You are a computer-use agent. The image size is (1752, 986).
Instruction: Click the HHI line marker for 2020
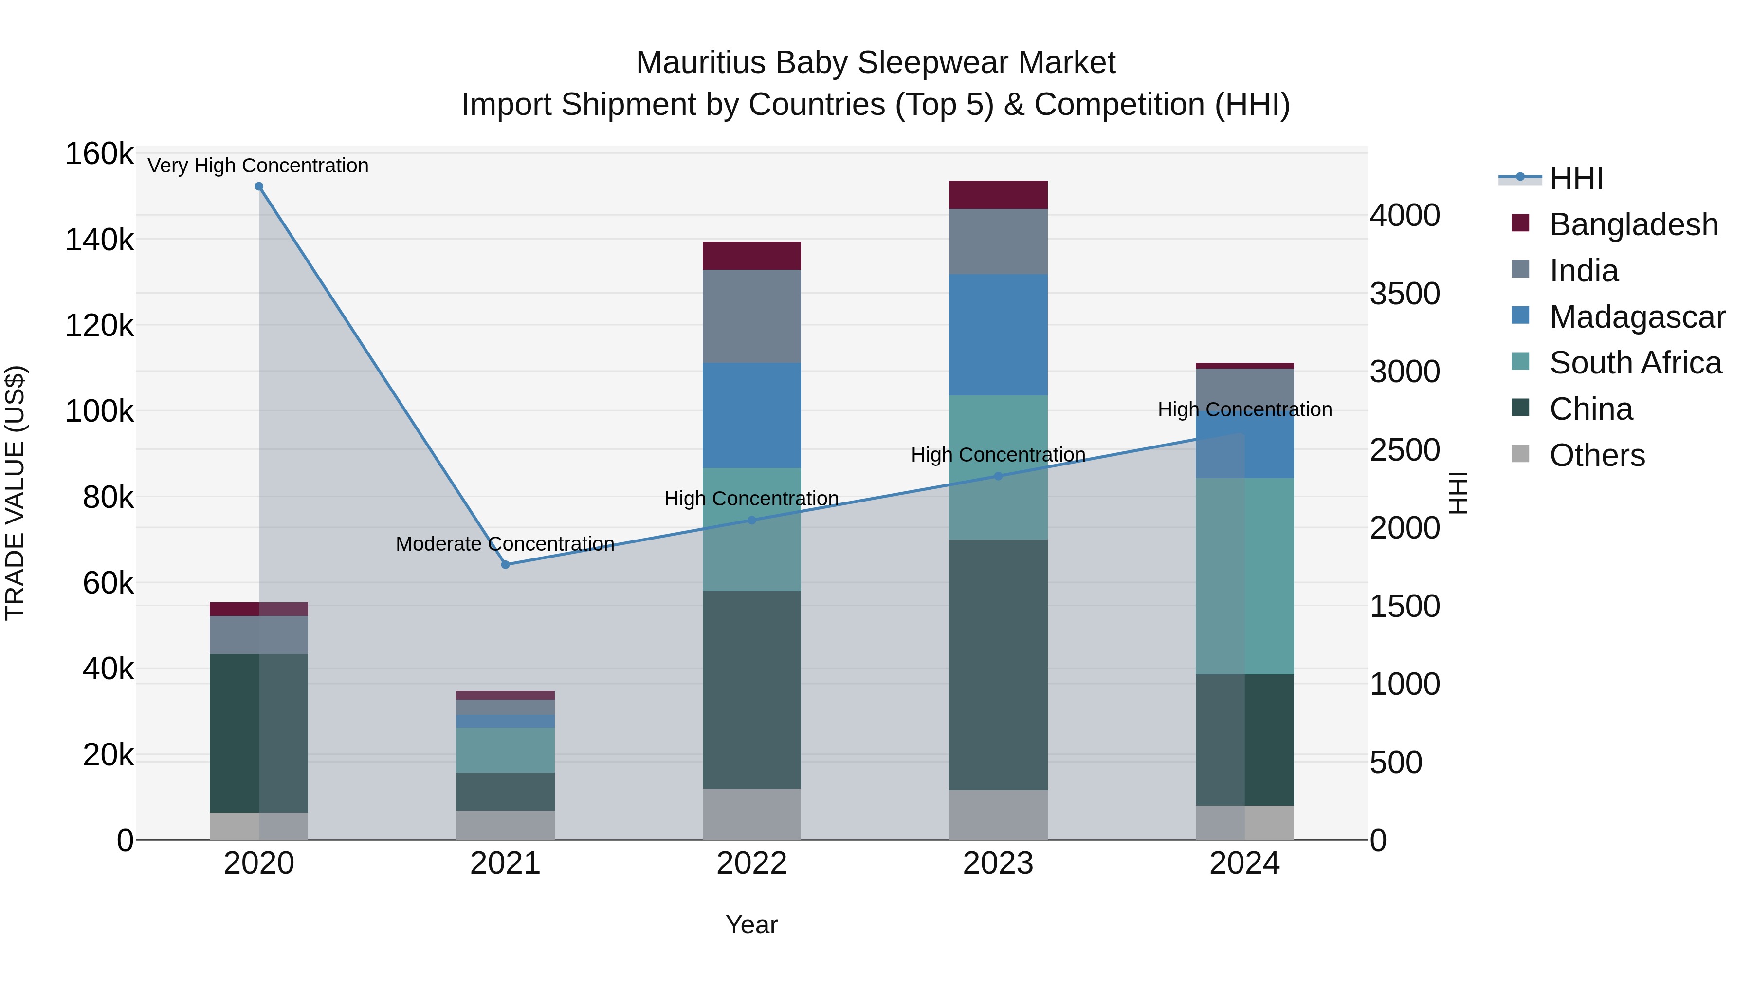click(x=259, y=186)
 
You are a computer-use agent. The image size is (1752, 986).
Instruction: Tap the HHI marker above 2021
click(x=505, y=565)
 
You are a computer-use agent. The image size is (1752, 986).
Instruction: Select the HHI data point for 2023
click(x=999, y=476)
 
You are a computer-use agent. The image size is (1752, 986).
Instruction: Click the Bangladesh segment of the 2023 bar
click(x=999, y=195)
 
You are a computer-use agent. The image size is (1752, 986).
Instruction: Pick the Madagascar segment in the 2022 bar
click(x=751, y=415)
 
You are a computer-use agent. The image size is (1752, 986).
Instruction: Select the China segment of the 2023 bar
click(x=999, y=665)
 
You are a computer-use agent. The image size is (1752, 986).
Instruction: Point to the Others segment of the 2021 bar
click(x=505, y=825)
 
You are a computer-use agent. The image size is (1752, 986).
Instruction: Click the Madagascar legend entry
click(x=1637, y=317)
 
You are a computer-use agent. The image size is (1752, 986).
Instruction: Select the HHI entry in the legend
click(x=1576, y=178)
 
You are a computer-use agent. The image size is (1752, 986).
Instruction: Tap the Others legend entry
click(x=1597, y=455)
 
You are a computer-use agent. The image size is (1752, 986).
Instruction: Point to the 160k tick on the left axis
click(x=99, y=154)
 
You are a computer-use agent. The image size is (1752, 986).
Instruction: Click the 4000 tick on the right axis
click(x=1405, y=215)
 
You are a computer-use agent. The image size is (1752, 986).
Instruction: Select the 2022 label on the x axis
click(x=751, y=863)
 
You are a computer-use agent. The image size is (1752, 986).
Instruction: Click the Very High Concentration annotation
click(x=258, y=166)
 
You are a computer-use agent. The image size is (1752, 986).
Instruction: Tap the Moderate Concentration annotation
click(x=505, y=544)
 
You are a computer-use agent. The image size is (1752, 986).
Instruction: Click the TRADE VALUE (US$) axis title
click(x=15, y=493)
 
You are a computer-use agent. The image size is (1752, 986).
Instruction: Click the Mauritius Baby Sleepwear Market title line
click(x=876, y=63)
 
